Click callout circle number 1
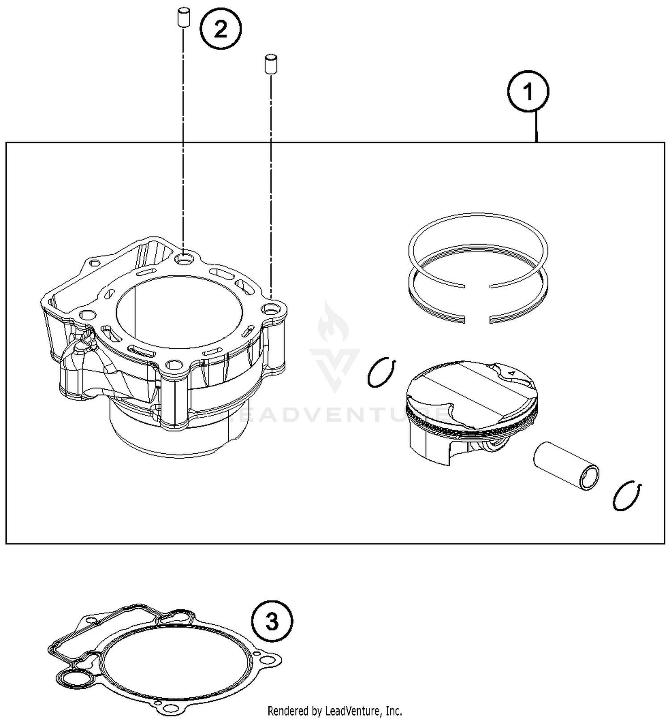coord(528,92)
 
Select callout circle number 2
coord(221,30)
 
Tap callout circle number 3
coord(272,621)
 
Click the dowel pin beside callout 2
coord(182,17)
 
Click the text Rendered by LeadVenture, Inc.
coord(335,710)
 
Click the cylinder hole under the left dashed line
coord(184,258)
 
